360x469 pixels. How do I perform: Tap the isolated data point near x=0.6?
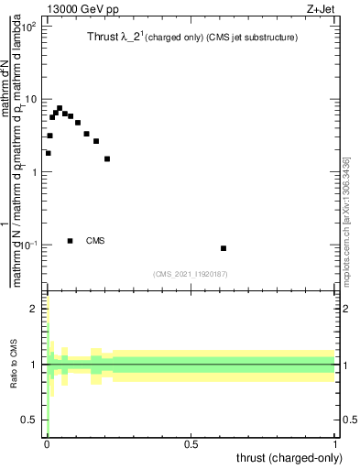click(x=224, y=248)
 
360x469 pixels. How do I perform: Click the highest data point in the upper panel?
click(x=59, y=108)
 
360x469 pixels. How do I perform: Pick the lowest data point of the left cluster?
click(x=48, y=153)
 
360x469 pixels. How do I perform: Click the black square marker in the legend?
click(x=71, y=241)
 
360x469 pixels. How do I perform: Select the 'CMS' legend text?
click(x=95, y=241)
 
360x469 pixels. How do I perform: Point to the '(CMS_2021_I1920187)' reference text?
click(x=191, y=273)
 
